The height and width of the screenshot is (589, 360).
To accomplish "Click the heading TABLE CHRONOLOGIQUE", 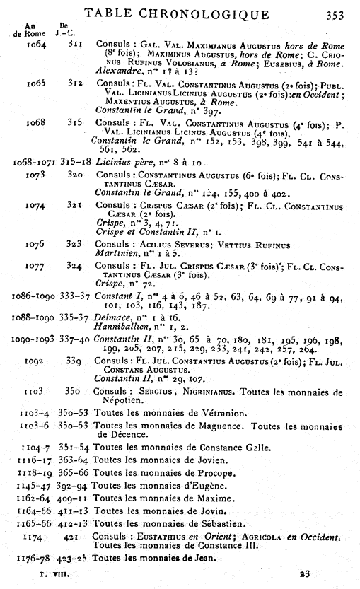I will pyautogui.click(x=177, y=13).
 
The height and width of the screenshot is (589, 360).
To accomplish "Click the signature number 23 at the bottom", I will pyautogui.click(x=304, y=575).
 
